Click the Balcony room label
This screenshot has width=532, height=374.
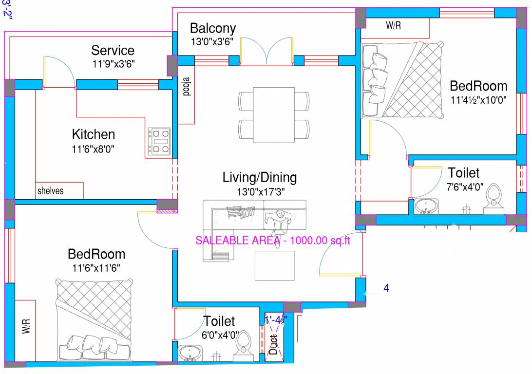point(212,28)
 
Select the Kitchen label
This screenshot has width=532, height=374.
point(94,134)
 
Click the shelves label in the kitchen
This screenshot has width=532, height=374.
point(51,191)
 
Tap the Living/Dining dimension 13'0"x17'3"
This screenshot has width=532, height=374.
point(259,191)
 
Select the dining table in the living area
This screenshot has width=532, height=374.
point(273,115)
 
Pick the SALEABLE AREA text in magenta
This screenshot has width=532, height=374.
point(273,240)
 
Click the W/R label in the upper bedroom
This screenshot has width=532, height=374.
point(393,26)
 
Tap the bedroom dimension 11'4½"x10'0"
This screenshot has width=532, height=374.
point(478,100)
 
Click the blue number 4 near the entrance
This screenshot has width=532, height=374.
point(386,288)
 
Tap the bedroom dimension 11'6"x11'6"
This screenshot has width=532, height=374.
point(96,267)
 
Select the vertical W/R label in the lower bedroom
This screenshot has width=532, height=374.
point(26,326)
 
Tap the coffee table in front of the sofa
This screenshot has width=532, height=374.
point(275,265)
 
